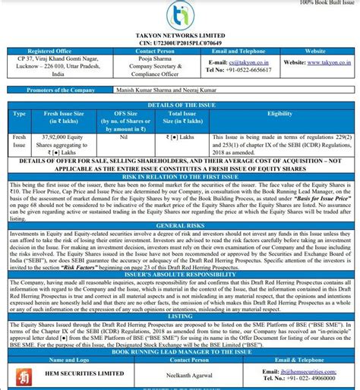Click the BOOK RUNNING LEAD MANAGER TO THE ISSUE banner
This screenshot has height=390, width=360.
click(180, 352)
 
